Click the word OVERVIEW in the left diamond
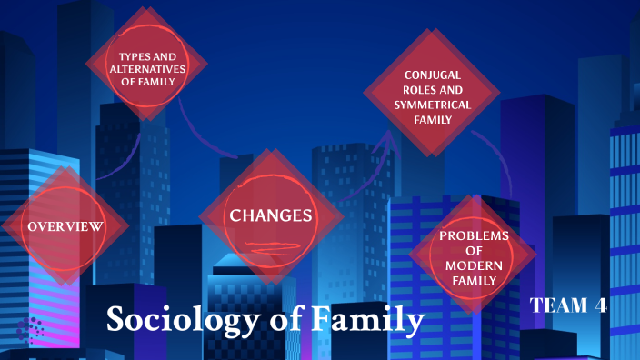pyautogui.click(x=64, y=225)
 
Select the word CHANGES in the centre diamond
pyautogui.click(x=271, y=215)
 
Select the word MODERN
pyautogui.click(x=474, y=265)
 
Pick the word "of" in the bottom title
pyautogui.click(x=282, y=320)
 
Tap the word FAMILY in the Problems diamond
pyautogui.click(x=474, y=280)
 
